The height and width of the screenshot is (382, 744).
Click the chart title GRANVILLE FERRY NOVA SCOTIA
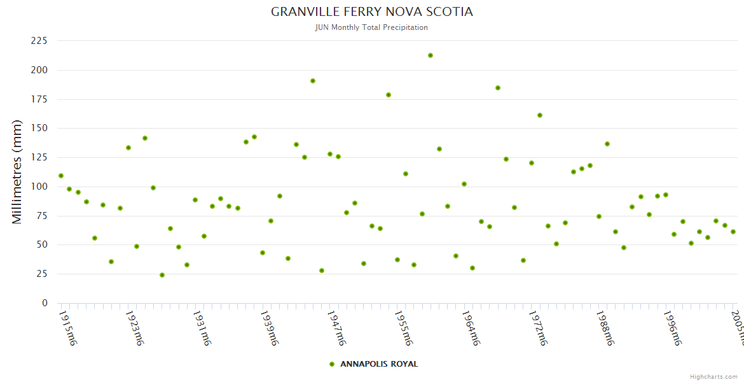372,12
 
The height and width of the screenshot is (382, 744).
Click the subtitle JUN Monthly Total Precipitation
372,27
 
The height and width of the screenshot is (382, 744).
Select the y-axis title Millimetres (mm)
17,172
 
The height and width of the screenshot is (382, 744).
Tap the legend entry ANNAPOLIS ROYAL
379,364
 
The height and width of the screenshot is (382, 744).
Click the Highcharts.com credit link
713,377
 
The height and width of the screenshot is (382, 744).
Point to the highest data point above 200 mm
431,55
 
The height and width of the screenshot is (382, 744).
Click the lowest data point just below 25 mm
162,275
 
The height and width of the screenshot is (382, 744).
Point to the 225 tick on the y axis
39,41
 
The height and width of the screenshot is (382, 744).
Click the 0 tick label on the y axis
45,303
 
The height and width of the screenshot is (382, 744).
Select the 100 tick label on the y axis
39,187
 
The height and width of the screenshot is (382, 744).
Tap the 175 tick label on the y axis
39,99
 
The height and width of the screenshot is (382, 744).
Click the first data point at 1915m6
61,176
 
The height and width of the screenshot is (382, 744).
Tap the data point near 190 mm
313,81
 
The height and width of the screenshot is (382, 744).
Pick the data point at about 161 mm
540,115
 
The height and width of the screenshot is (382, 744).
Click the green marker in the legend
331,364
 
